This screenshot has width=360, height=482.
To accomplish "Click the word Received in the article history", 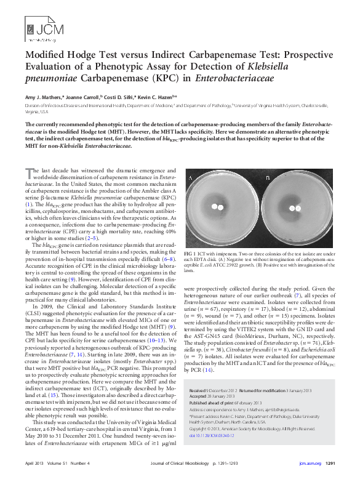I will point(198,391).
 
